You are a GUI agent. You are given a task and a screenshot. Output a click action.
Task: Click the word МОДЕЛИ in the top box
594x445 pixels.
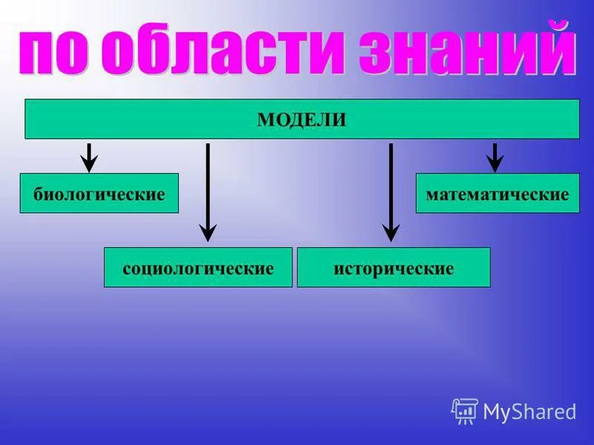point(301,120)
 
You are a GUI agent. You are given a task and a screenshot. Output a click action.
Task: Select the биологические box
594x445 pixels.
point(99,194)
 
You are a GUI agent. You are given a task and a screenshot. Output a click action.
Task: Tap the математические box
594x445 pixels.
point(497,194)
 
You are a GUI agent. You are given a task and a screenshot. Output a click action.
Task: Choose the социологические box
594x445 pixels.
point(198,268)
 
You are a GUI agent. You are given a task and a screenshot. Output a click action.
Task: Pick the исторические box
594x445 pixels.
point(394,268)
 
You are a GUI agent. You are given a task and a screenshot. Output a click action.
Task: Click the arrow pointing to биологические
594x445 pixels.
point(89,156)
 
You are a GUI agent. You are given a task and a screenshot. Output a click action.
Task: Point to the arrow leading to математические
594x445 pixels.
point(495,156)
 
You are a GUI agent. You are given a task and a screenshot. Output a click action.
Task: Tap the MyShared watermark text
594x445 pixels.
point(529,412)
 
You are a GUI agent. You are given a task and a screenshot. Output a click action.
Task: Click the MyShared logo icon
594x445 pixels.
point(464,411)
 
